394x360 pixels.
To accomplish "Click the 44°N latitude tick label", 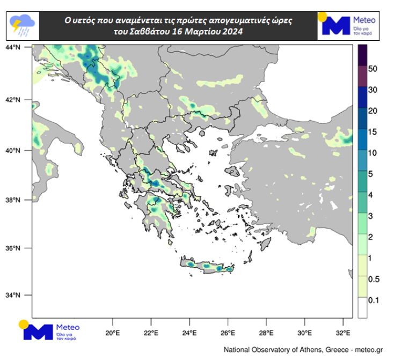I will [x=12, y=47].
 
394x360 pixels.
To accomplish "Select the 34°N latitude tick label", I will [x=12, y=295].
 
